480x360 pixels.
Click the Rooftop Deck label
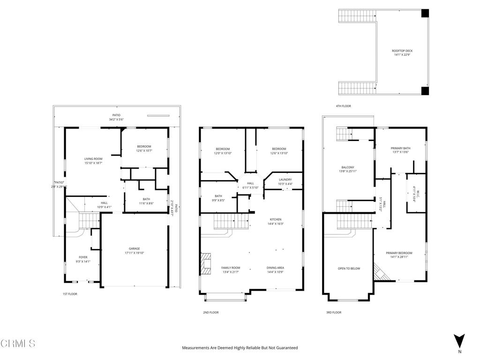[402, 51]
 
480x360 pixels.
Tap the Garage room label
[135, 248]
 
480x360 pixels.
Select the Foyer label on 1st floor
[83, 257]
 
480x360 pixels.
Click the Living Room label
[93, 159]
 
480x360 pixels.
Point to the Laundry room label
[285, 180]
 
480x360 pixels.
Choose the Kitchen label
[275, 219]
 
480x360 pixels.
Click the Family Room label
[231, 268]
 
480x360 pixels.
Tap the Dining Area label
[275, 268]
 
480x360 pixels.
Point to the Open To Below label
[349, 269]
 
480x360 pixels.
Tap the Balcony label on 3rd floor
[347, 167]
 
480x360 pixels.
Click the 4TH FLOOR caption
[343, 106]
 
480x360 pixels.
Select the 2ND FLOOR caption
[210, 312]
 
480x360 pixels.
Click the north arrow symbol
[459, 340]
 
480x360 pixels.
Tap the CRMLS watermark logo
[18, 344]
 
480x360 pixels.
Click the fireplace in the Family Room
[206, 263]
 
